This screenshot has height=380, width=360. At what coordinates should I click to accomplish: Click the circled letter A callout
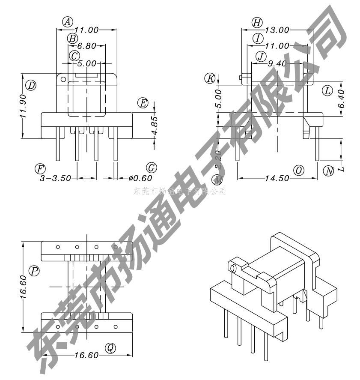coord(68,21)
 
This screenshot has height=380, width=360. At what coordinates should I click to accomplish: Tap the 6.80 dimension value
coord(86,46)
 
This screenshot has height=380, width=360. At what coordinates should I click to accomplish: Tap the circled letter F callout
coord(40,168)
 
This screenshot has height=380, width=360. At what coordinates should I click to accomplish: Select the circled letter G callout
coord(151,168)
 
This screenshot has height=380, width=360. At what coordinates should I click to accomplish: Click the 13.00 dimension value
coord(277,30)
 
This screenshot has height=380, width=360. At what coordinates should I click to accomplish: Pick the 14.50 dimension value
coord(277,178)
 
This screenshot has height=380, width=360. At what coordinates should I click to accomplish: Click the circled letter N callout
coord(328,171)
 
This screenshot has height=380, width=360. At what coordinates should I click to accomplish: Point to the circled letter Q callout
coord(110,348)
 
